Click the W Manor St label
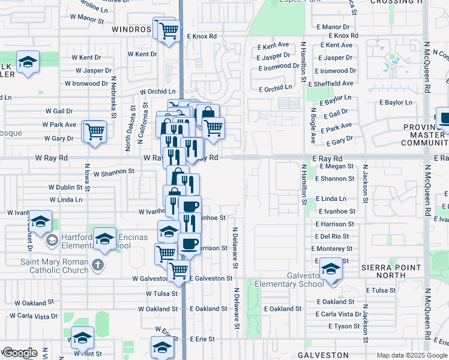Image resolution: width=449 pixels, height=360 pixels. point(86,19)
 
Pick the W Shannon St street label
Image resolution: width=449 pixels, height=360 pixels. point(113,172)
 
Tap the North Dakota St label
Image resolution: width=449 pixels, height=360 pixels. point(128,128)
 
